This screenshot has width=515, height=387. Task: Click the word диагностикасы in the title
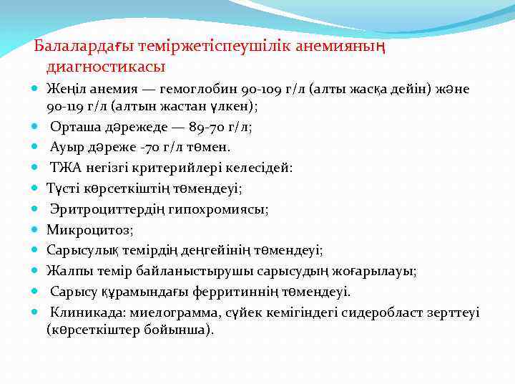[106, 67]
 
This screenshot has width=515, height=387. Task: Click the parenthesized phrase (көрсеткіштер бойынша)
[129, 330]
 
